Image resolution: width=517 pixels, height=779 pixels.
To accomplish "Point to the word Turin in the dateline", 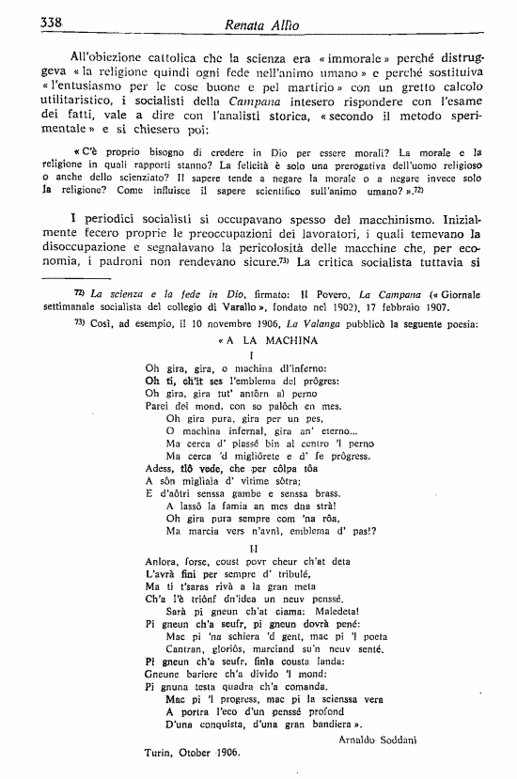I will click(162, 754).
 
